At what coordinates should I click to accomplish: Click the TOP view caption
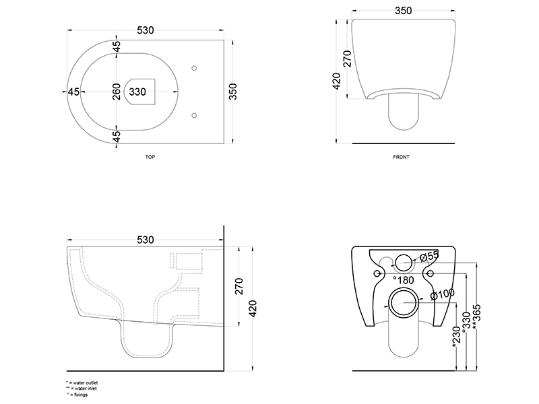click(x=150, y=157)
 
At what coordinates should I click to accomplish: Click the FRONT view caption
click(x=401, y=157)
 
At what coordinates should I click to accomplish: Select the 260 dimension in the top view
click(x=117, y=92)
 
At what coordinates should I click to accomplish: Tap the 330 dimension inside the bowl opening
click(x=137, y=92)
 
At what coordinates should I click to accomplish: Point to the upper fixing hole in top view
click(x=194, y=69)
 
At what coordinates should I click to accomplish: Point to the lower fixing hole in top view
click(x=194, y=115)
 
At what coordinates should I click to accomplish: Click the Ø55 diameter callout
click(x=430, y=256)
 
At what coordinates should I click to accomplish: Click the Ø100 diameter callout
click(x=443, y=294)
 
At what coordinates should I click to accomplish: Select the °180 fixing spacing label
click(x=404, y=280)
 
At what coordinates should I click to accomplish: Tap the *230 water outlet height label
click(x=456, y=336)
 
